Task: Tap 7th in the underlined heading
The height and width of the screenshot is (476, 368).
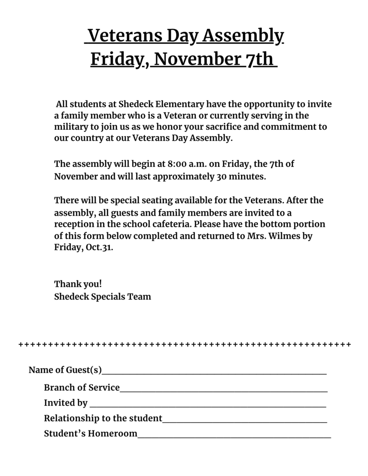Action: [x=259, y=59]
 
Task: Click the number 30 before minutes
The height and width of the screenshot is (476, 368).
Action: [x=222, y=177]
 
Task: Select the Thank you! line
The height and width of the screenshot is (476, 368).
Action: [x=78, y=284]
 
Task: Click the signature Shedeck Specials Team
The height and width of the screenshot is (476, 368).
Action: [x=102, y=296]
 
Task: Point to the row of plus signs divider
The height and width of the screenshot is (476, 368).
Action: [x=184, y=345]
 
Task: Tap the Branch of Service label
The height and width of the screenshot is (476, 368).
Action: [x=82, y=388]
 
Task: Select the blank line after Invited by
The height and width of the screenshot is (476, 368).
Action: [x=207, y=403]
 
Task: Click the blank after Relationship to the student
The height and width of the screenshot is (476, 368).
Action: [x=245, y=419]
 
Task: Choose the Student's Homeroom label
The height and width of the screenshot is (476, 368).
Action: [x=91, y=434]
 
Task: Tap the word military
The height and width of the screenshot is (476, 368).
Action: [x=70, y=127]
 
